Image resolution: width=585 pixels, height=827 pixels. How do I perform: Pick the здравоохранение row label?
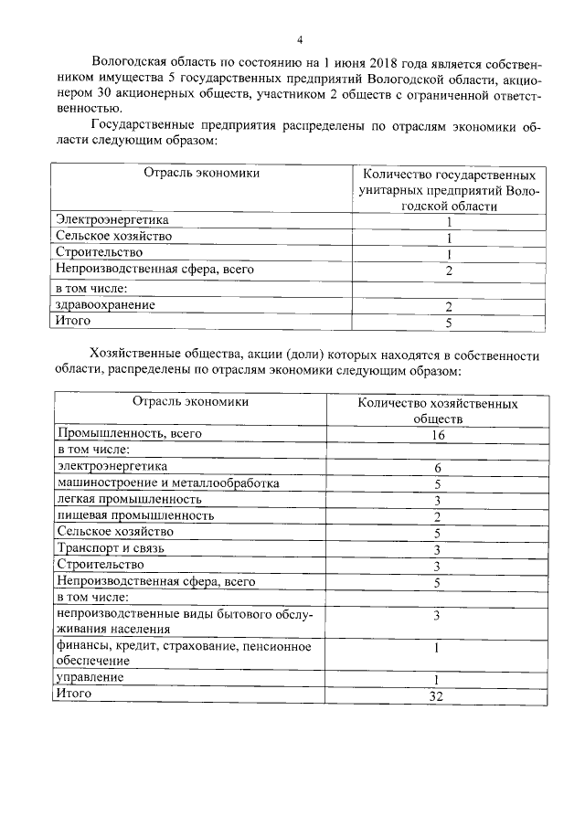click(105, 304)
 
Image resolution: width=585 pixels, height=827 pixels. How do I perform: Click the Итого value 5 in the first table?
click(449, 323)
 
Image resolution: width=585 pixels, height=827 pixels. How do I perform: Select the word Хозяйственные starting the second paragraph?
click(130, 355)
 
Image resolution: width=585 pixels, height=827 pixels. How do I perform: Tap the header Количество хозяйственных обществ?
click(438, 409)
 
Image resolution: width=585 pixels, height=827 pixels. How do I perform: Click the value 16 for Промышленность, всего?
click(438, 435)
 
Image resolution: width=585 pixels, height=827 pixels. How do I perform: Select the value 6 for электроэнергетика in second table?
click(438, 468)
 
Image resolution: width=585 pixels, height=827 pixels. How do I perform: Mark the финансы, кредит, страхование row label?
click(183, 647)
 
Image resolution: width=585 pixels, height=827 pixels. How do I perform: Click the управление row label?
click(90, 677)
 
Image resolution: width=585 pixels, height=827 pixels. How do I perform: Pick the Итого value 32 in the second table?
click(438, 696)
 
